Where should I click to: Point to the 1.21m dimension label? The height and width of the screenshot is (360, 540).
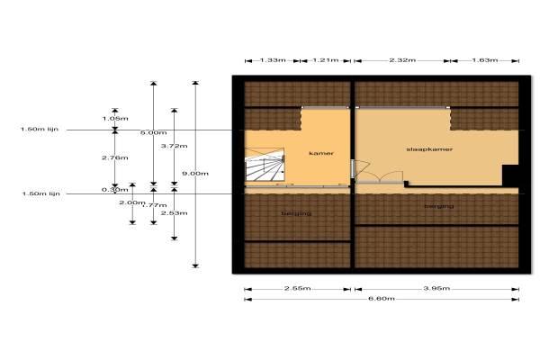(325, 60)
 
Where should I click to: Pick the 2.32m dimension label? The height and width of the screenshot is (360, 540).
(402, 60)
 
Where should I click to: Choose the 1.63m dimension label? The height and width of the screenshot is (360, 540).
(484, 60)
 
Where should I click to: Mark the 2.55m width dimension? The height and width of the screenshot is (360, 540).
(297, 289)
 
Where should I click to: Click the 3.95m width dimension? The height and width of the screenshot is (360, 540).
(438, 289)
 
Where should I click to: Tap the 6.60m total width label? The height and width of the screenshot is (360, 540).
(381, 298)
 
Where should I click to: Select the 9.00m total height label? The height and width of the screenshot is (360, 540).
(195, 173)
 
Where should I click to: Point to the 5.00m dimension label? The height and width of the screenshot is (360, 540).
(153, 133)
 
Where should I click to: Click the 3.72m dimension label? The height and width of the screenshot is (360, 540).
(174, 146)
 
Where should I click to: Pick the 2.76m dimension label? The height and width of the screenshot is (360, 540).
(114, 157)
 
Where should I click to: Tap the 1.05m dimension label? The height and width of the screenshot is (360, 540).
(114, 119)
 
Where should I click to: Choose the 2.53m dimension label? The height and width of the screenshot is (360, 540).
(175, 212)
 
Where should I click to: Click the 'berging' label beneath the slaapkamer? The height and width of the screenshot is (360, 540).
(439, 207)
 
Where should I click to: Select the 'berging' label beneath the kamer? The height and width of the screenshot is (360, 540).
(297, 213)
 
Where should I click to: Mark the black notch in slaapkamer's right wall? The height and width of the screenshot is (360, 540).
(511, 176)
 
